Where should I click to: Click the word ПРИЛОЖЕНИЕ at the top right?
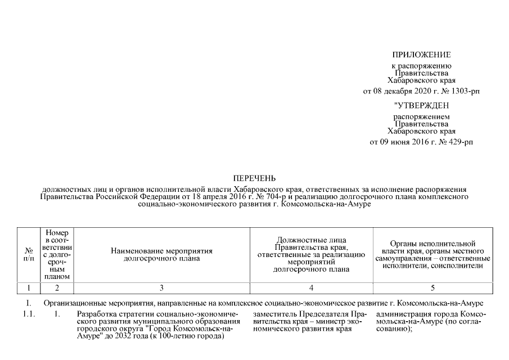click(x=421, y=55)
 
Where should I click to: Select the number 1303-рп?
click(x=464, y=91)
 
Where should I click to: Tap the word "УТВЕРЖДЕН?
click(x=421, y=105)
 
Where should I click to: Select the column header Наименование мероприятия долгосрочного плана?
click(x=161, y=254)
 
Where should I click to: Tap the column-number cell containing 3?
click(x=161, y=288)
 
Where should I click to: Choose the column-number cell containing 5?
click(x=433, y=288)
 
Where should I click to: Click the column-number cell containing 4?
click(x=311, y=288)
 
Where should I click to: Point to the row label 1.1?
click(x=29, y=314)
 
